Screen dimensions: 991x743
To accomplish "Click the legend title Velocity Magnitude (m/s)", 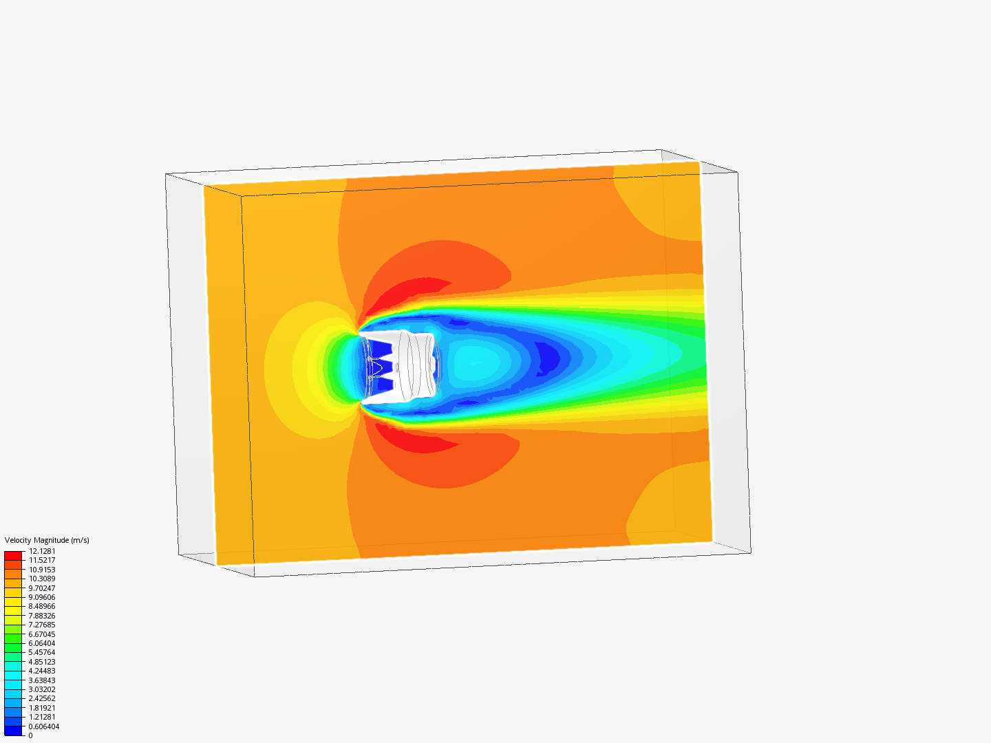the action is [x=47, y=540].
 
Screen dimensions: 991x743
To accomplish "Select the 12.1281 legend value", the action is [x=42, y=551].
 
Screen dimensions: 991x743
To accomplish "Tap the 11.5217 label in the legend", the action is [x=42, y=560].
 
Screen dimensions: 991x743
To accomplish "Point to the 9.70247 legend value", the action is [x=42, y=588].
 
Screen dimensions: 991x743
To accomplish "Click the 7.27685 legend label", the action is [x=42, y=625].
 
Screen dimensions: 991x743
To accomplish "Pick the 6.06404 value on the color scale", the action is [x=42, y=643].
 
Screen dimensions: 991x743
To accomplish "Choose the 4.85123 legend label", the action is [x=42, y=662].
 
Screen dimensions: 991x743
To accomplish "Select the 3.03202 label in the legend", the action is [x=42, y=689].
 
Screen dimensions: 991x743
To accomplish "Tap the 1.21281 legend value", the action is [x=42, y=717].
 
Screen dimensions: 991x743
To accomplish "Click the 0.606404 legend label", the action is [x=44, y=726].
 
